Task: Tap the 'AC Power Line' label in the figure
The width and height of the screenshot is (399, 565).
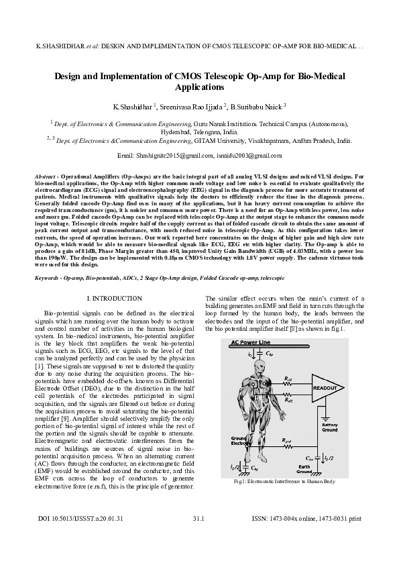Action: click(x=252, y=342)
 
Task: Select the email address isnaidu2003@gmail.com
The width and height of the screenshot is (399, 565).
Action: click(x=248, y=155)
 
